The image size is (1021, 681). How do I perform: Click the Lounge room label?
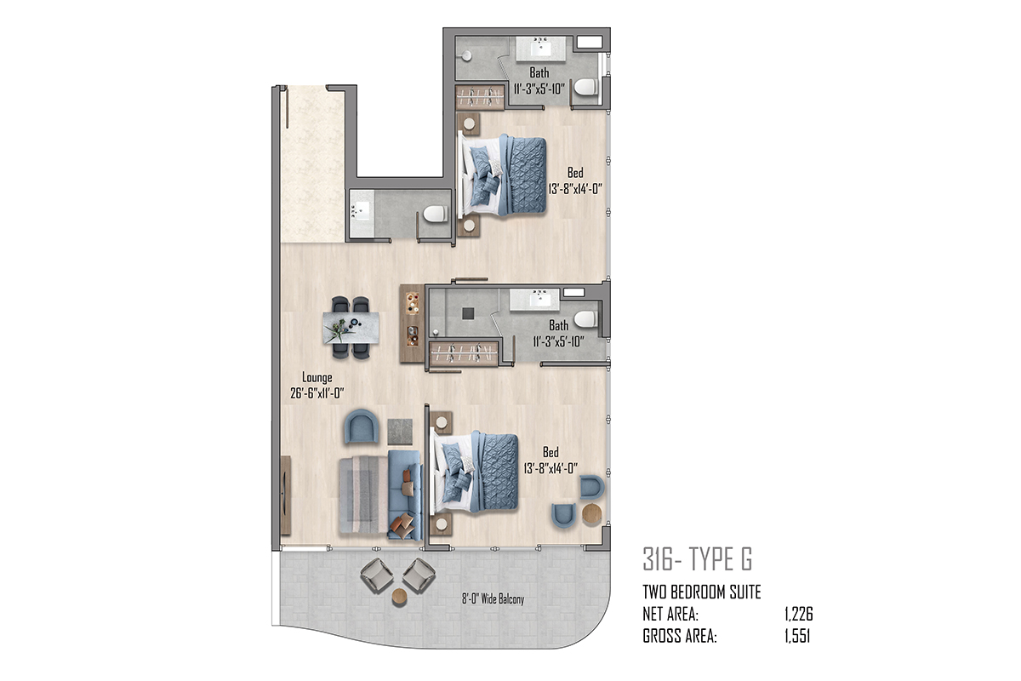click(317, 378)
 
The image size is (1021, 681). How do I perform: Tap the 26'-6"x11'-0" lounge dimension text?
click(317, 393)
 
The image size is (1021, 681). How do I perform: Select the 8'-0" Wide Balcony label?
click(493, 599)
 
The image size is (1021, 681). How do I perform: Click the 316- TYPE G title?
click(698, 558)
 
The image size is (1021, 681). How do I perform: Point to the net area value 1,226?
click(799, 615)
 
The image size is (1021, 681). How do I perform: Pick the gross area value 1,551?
click(797, 636)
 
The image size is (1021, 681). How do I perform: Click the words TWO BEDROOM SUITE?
click(702, 592)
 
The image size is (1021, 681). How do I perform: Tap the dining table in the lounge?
click(351, 328)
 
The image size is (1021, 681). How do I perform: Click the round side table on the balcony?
click(399, 597)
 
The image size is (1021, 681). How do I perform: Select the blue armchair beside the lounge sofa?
click(362, 426)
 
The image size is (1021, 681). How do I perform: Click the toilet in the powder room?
click(436, 214)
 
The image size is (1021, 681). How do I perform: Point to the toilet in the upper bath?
click(585, 87)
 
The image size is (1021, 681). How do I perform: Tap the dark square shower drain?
click(468, 313)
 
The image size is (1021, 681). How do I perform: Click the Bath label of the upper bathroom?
click(539, 73)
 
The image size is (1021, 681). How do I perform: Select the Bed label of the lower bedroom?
click(550, 452)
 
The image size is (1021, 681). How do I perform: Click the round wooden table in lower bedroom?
click(592, 513)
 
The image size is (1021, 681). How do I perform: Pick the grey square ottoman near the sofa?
click(400, 432)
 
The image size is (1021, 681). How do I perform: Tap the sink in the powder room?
click(362, 211)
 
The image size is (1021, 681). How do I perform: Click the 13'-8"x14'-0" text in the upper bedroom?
click(575, 189)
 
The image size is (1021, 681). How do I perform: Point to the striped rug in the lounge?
click(364, 495)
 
